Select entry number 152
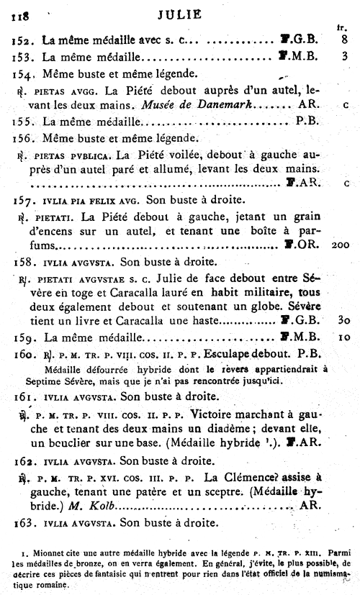pyautogui.click(x=23, y=40)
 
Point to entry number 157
pyautogui.click(x=23, y=198)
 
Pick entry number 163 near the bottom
pyautogui.click(x=24, y=523)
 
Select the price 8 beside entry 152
pyautogui.click(x=346, y=40)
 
